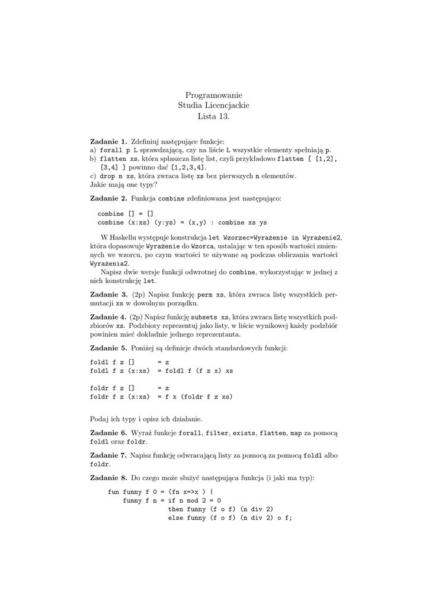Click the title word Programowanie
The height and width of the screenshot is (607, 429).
pyautogui.click(x=214, y=95)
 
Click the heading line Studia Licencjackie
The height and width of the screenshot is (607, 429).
pyautogui.click(x=214, y=106)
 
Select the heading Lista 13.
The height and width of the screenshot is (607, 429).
pyautogui.click(x=214, y=116)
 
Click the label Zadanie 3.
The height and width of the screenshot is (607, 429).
pyautogui.click(x=108, y=294)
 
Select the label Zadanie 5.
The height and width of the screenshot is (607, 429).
pyautogui.click(x=108, y=347)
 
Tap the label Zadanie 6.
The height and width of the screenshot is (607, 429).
pyautogui.click(x=108, y=433)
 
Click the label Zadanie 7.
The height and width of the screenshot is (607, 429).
pyautogui.click(x=108, y=455)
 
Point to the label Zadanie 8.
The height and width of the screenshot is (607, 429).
pyautogui.click(x=108, y=477)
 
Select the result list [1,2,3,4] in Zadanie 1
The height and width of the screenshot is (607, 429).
pyautogui.click(x=188, y=168)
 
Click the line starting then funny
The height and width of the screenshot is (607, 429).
pyautogui.click(x=220, y=509)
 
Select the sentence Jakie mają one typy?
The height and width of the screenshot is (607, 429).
pyautogui.click(x=120, y=184)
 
